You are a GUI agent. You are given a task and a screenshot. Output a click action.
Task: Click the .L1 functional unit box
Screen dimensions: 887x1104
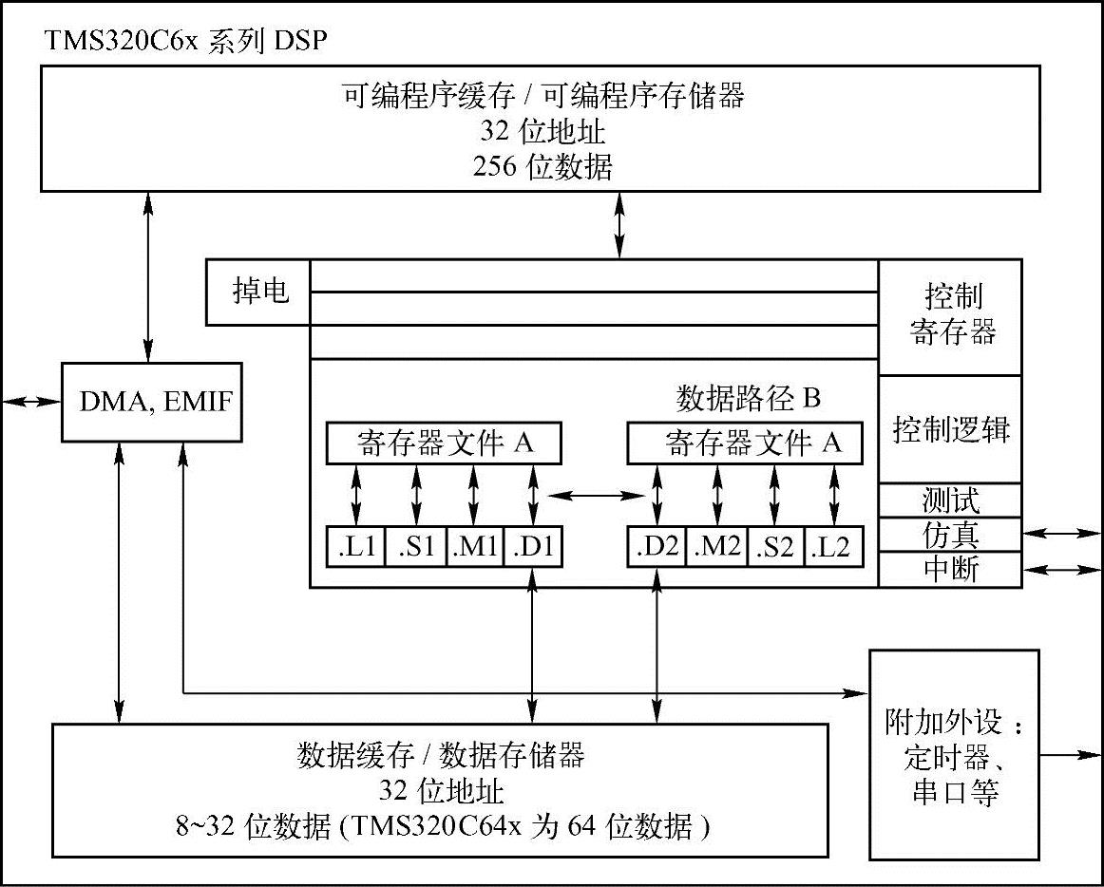point(356,547)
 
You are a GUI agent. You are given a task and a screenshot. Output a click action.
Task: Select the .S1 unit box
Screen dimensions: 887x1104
point(416,547)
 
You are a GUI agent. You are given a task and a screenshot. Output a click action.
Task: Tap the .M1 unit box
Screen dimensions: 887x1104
point(474,547)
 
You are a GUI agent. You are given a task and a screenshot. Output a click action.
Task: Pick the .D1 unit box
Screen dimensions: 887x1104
point(533,547)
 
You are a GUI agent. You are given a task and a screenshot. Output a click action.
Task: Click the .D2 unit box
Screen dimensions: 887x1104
point(657,547)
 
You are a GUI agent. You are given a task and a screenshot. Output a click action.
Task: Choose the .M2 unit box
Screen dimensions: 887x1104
point(716,547)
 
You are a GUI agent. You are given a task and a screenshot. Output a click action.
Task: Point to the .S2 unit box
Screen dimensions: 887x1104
point(775,547)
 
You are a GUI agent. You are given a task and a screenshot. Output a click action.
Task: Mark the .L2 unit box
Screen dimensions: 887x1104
point(834,547)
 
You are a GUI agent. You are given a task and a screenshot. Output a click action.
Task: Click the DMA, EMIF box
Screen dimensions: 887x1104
point(149,402)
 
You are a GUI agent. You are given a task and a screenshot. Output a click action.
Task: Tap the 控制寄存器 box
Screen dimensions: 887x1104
point(950,315)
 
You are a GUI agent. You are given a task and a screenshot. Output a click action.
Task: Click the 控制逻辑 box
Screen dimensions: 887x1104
point(950,429)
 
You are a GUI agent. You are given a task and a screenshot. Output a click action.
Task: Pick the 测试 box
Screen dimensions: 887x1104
point(950,500)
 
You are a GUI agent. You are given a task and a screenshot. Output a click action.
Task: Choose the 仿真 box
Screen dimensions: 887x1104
point(950,535)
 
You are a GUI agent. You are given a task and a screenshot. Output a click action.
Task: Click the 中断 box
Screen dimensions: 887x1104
point(950,569)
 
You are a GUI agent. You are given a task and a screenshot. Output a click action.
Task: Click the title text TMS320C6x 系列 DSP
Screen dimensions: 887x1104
point(185,43)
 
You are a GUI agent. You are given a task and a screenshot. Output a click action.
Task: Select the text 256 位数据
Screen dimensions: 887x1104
point(542,167)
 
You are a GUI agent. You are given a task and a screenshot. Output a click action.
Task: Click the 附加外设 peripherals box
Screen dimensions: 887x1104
point(954,755)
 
